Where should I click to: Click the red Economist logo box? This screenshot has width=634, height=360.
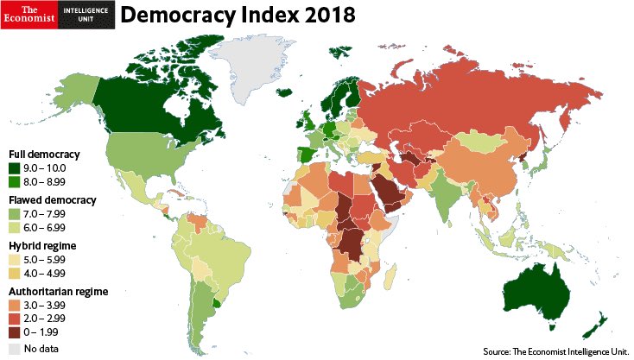[28, 15]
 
